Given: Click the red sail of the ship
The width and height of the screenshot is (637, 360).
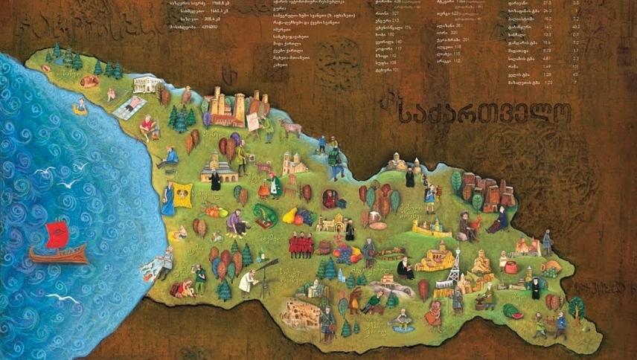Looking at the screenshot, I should [57, 234].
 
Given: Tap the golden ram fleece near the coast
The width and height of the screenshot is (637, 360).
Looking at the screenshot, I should [183, 194].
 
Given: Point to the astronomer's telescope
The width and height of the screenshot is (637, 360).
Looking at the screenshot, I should [267, 266].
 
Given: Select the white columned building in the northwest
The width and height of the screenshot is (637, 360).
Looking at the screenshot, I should [144, 83].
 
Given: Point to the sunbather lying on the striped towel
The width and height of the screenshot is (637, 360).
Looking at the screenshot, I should [130, 107].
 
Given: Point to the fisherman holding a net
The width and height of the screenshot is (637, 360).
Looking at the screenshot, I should [163, 260].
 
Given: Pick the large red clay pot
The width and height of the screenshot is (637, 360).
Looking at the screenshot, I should [510, 266].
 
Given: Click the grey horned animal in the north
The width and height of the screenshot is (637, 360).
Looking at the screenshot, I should [291, 128].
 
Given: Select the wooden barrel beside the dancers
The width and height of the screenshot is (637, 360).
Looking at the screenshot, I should [324, 246].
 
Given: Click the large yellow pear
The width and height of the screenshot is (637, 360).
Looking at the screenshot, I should [289, 218].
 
